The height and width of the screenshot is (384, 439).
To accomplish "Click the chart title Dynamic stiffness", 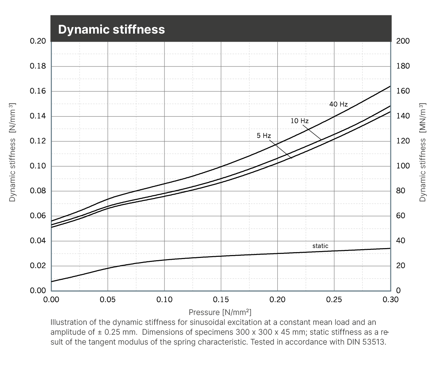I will (x=111, y=29).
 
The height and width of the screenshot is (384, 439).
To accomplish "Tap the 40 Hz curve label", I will (x=338, y=104).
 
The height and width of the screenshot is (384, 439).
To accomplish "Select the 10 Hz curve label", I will (x=299, y=121).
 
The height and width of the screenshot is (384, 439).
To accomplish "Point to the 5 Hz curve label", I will (x=264, y=136).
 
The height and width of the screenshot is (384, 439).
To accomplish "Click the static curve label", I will (x=320, y=246).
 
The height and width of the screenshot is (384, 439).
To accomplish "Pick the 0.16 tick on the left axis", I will (x=38, y=91).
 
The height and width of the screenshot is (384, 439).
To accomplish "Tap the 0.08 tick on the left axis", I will (x=38, y=191).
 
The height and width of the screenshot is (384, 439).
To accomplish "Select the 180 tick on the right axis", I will (x=403, y=66).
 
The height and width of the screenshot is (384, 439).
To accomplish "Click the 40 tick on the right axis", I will (x=401, y=240).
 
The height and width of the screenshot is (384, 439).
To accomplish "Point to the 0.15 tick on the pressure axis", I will (x=221, y=300).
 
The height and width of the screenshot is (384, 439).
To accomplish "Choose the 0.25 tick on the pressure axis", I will (x=334, y=300).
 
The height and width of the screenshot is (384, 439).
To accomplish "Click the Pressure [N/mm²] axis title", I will (x=220, y=312).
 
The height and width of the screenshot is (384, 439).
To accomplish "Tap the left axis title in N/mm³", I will (x=13, y=152).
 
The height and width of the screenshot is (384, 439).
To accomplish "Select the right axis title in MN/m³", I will (x=423, y=152).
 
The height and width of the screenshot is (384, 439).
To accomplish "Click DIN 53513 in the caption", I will (x=366, y=342).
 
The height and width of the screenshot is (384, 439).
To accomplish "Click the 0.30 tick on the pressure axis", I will (x=390, y=300).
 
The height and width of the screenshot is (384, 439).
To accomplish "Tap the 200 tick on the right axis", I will (x=403, y=41).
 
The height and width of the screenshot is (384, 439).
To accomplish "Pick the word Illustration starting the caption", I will (x=69, y=323).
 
